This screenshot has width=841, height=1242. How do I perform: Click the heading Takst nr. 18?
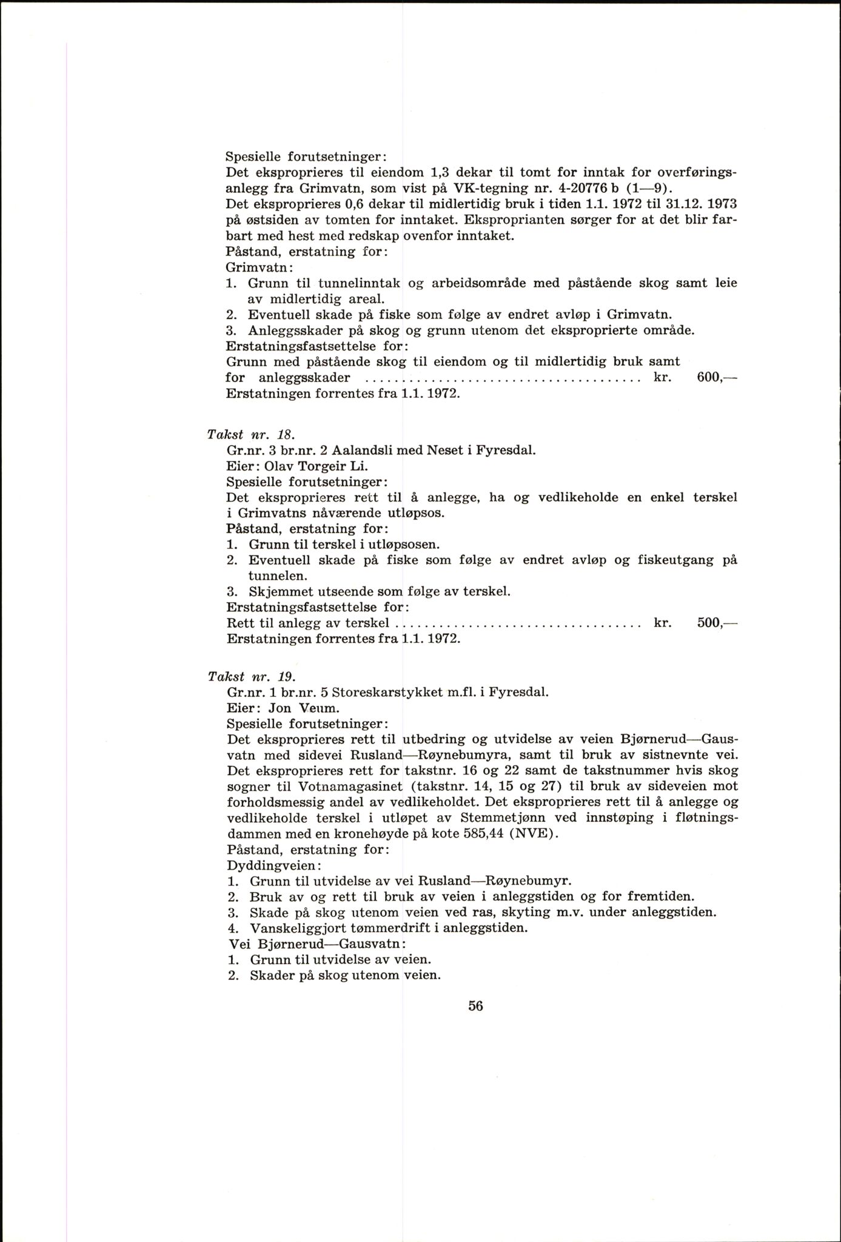250,434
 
